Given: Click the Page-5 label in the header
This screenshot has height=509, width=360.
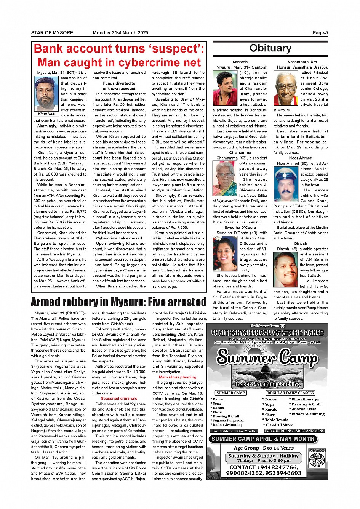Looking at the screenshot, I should pos(320,33).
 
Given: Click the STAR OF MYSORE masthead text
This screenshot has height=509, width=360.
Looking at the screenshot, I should pos(52,33).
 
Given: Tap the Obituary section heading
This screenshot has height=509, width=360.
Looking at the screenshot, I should pos(270,48).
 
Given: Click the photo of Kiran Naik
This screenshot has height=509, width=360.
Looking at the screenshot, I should pos(46,93).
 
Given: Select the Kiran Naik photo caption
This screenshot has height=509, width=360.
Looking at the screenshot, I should pos(46,114).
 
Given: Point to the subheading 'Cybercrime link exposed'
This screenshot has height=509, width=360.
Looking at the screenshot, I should pos(119,238).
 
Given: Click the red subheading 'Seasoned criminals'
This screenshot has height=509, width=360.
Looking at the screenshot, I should pos(119,399).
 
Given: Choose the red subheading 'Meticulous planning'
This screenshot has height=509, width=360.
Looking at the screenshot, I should pos(178,377).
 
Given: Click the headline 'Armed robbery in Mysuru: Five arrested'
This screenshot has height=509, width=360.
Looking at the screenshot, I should pos(118,302).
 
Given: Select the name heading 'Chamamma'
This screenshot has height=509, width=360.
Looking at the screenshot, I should pos(240,153).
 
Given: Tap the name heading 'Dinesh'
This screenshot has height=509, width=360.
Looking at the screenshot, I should pos(301,244).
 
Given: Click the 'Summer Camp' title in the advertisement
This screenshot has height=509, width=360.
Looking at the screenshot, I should pos(267,357).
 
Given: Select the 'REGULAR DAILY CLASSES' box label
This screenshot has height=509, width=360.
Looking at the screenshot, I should pos(290,393).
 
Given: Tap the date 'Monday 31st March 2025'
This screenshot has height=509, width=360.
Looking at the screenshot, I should pos(120,33).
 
